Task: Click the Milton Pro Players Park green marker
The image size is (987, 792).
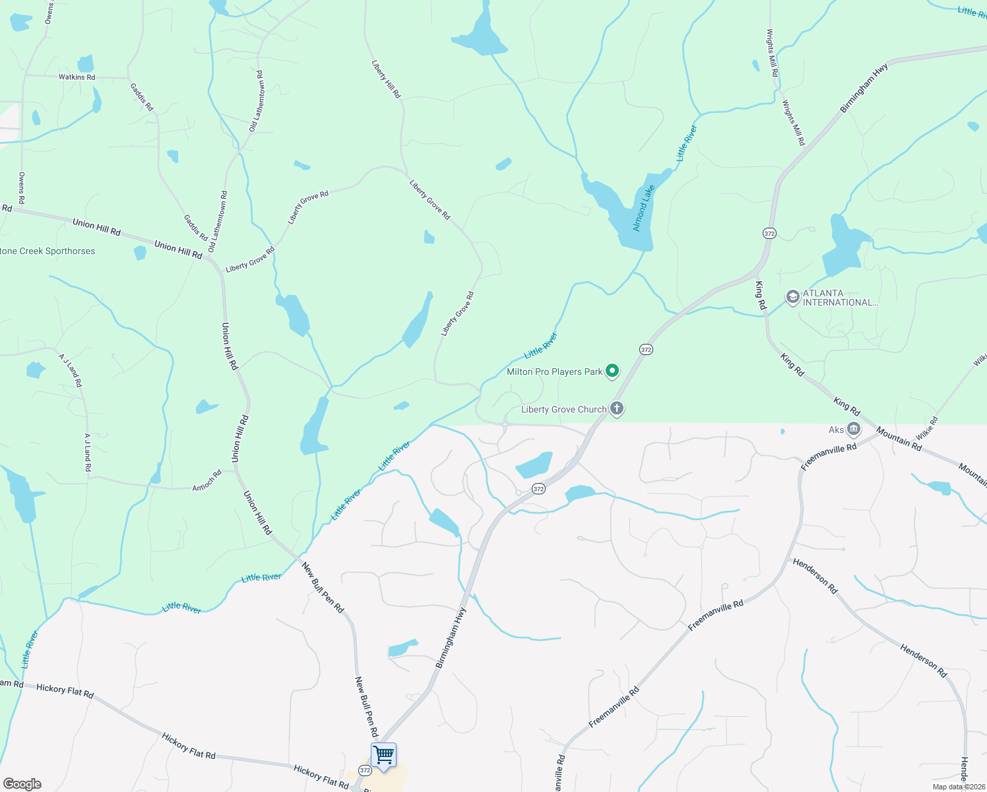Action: click(612, 372)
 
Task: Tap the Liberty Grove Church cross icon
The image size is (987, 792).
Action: click(617, 409)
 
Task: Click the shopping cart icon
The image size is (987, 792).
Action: click(383, 754)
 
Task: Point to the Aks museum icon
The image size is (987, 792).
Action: click(854, 430)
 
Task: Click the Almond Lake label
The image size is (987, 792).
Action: click(643, 209)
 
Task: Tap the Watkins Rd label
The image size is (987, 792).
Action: click(77, 77)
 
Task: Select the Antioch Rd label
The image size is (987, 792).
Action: click(207, 481)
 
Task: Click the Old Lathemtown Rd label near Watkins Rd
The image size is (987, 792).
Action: click(256, 101)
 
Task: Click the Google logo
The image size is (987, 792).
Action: click(22, 783)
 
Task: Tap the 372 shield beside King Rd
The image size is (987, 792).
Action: click(769, 233)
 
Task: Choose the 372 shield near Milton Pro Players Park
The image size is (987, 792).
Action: click(646, 349)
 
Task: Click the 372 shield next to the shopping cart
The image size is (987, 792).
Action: click(365, 770)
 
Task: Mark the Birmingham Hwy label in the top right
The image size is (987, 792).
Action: click(864, 88)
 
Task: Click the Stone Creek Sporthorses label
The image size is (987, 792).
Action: click(48, 251)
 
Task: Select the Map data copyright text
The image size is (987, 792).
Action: click(959, 787)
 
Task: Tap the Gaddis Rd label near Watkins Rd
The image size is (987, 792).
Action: click(141, 97)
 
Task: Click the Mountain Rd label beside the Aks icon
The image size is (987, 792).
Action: click(899, 439)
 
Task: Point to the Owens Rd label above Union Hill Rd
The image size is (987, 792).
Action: click(22, 188)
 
